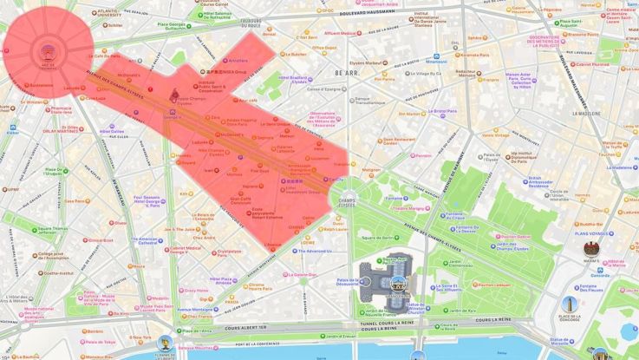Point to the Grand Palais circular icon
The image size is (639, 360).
[397, 282]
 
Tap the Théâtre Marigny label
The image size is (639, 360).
[411, 208]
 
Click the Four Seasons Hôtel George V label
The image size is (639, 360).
[145, 200]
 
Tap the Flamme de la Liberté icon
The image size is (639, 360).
[165, 344]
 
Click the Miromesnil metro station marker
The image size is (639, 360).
[436, 62]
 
